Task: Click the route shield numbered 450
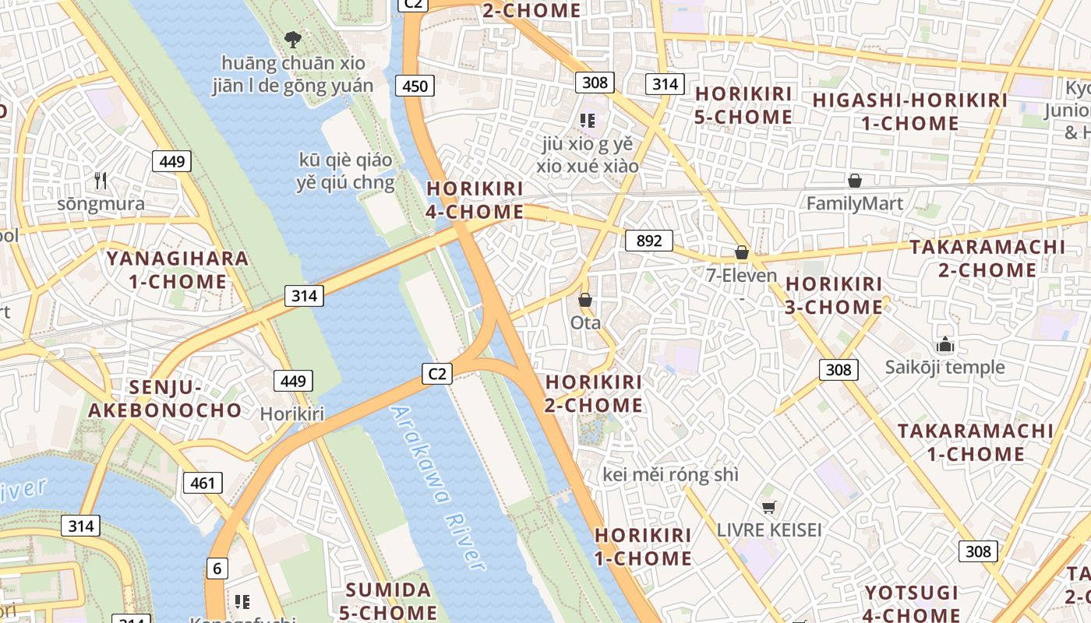415,86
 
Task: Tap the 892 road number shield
648,241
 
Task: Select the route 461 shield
203,483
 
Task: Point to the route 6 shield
217,568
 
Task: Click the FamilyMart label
854,204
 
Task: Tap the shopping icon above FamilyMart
855,181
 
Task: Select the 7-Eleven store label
741,276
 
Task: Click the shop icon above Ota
585,300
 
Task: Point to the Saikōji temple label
944,367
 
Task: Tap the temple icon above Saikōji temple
945,344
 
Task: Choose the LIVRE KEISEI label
769,530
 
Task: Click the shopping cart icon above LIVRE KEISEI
769,508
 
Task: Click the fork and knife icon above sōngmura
100,181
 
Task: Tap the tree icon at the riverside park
293,39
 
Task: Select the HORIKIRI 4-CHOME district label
475,200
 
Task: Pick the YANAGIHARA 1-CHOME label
178,269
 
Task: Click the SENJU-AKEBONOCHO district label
165,399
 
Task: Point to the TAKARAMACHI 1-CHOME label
975,442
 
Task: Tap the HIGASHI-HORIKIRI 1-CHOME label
909,111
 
